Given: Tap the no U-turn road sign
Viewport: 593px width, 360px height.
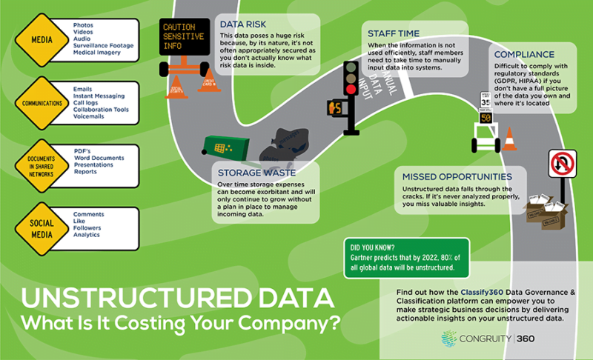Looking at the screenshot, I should (x=562, y=164).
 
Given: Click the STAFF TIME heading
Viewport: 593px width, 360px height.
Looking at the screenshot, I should (x=394, y=33).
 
